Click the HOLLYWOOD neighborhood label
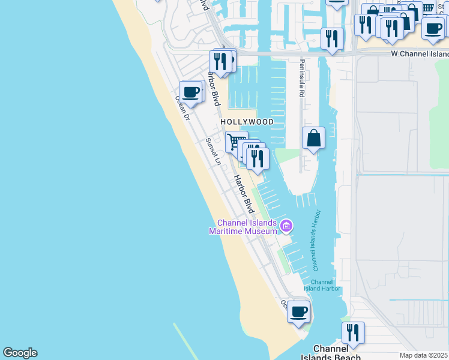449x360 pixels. [247, 122]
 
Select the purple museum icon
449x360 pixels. [286, 226]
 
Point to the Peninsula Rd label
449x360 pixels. [302, 78]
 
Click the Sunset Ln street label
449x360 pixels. [214, 151]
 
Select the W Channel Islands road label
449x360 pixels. [419, 54]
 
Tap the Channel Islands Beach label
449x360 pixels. [330, 353]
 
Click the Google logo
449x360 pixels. [20, 353]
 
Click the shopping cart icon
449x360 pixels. [237, 142]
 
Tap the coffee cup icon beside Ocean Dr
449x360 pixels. [191, 92]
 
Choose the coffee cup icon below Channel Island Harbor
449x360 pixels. [298, 311]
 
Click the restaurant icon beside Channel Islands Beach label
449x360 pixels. [353, 332]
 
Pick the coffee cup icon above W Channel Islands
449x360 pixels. [433, 28]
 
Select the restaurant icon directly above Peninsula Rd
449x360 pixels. [332, 38]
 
